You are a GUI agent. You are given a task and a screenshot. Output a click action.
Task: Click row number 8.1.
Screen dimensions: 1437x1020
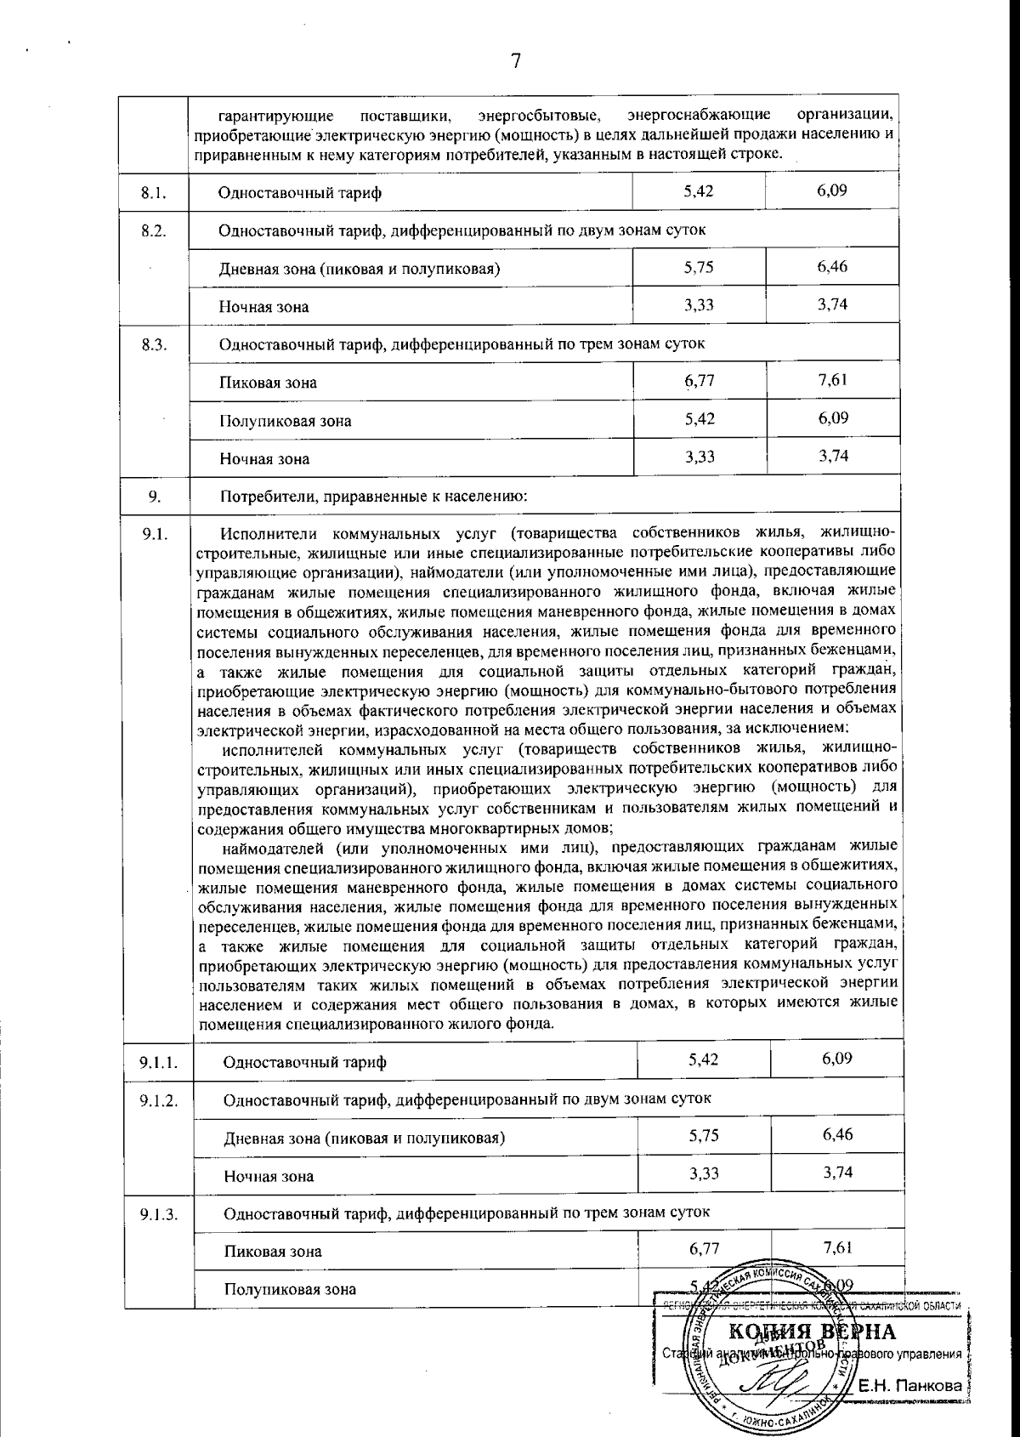(153, 192)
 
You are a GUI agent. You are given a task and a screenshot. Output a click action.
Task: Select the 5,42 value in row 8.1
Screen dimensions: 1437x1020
(699, 190)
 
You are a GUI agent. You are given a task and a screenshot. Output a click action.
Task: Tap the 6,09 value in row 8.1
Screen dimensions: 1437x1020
(832, 190)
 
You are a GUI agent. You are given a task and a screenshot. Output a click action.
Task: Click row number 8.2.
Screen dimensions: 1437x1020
(153, 230)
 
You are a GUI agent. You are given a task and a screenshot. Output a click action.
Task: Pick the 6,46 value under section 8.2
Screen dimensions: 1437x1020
(833, 267)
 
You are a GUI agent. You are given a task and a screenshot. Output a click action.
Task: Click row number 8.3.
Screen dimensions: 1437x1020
(153, 344)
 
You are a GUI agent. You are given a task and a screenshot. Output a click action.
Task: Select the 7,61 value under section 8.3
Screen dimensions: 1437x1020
(833, 380)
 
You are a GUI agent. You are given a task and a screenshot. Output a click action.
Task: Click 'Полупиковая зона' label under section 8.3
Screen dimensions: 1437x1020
(285, 421)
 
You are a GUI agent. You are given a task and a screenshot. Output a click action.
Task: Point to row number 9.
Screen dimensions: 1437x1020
(155, 496)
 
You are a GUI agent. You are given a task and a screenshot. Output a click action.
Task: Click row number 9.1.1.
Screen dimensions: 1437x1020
(158, 1062)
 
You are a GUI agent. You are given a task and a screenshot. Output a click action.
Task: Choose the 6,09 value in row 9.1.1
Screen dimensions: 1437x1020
(837, 1059)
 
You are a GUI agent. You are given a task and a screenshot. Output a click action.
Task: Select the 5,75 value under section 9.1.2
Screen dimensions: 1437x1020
(704, 1135)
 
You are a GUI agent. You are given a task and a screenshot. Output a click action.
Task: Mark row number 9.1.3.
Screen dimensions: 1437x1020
(158, 1213)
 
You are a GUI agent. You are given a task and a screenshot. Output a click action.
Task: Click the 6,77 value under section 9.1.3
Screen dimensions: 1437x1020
(704, 1248)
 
